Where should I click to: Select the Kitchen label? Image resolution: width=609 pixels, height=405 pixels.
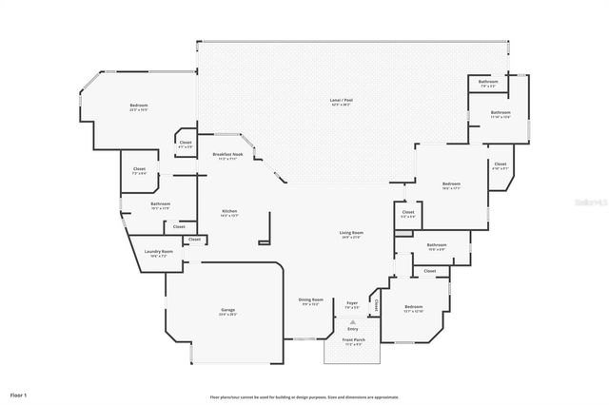229,212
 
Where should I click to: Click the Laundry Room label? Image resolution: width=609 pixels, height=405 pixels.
158,253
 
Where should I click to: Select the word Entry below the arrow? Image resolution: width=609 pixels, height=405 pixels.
353,329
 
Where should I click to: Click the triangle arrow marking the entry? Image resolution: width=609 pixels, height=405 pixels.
353,321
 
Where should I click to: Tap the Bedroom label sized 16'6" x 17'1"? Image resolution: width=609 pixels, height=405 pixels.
451,184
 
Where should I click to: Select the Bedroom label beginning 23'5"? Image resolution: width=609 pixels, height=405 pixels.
139,106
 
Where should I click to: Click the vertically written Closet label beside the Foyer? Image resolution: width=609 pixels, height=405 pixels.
377,305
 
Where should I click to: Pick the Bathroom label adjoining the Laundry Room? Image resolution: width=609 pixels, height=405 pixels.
160,204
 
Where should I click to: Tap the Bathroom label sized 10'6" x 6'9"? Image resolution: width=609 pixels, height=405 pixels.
437,246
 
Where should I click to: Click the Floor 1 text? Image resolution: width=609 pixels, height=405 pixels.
19,394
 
